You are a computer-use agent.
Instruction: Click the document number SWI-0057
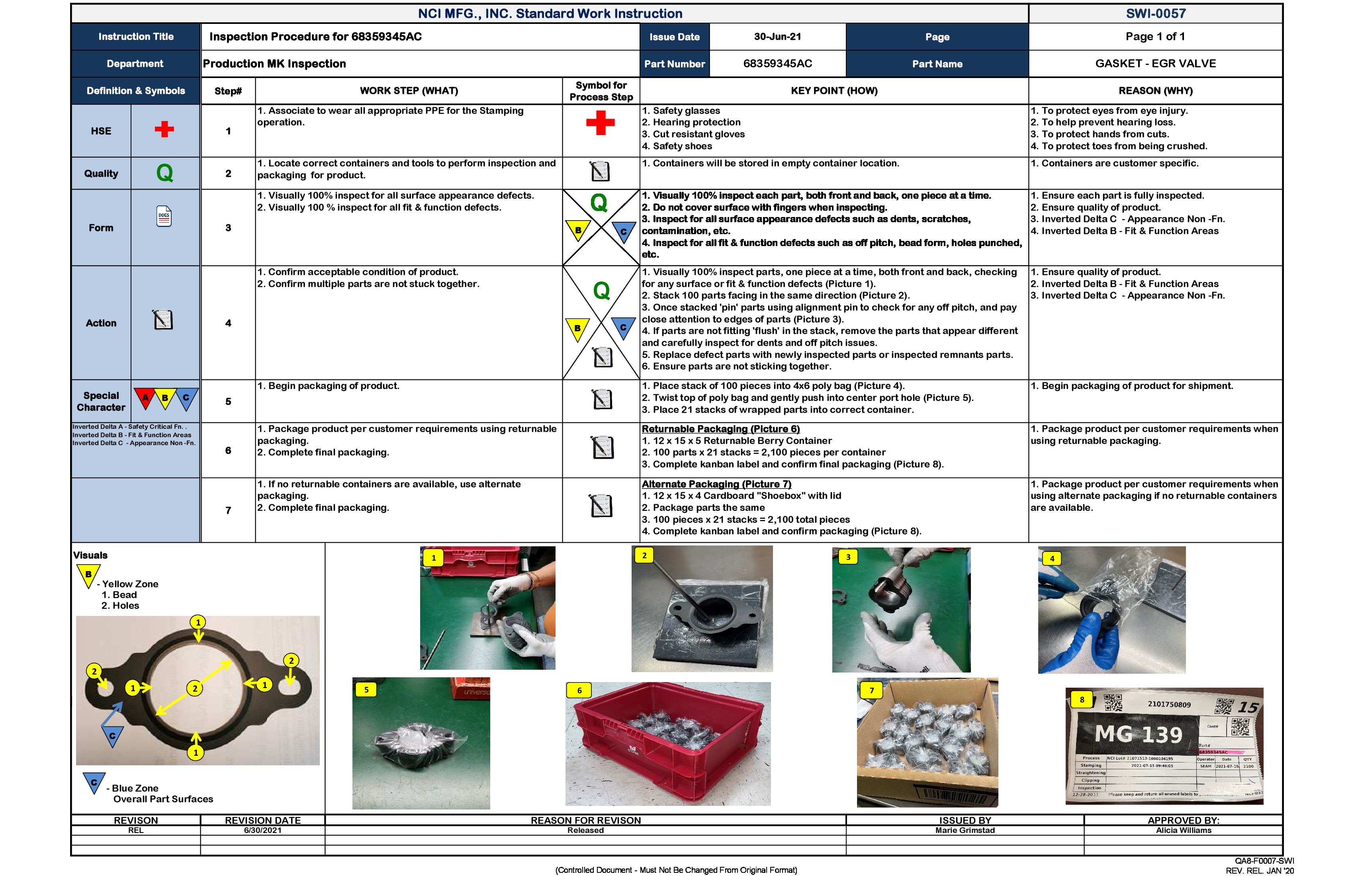click(1155, 14)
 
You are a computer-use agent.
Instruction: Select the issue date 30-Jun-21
click(777, 36)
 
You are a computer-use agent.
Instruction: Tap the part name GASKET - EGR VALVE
click(1155, 64)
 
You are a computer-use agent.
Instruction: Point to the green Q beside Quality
click(164, 173)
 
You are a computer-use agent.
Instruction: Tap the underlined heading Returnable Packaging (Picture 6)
click(720, 429)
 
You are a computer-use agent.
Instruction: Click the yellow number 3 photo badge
click(848, 557)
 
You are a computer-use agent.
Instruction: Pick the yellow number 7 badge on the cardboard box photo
click(871, 690)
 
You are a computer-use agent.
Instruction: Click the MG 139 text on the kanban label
click(1139, 734)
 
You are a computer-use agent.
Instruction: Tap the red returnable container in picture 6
click(668, 745)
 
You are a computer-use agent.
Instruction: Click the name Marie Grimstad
click(965, 831)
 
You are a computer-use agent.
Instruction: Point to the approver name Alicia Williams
click(1183, 831)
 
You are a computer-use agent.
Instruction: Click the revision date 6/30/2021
click(262, 831)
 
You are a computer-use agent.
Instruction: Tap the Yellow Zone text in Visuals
click(130, 584)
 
